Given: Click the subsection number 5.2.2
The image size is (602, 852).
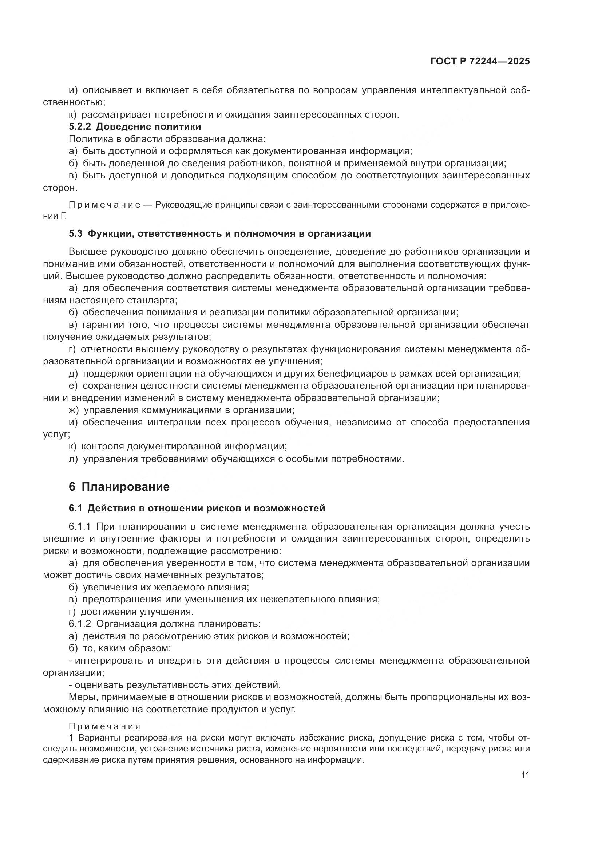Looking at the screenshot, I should [x=80, y=126].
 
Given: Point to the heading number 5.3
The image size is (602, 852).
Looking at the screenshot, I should [x=76, y=233].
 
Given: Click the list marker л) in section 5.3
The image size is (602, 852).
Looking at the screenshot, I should [x=74, y=459].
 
